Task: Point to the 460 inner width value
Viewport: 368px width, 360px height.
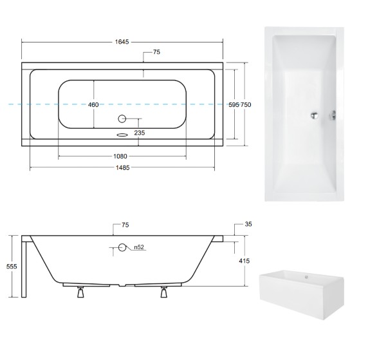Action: click(94, 105)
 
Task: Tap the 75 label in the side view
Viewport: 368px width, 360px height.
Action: click(125, 225)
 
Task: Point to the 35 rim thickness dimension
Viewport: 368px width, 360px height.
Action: click(248, 225)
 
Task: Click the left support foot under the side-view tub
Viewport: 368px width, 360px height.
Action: click(80, 293)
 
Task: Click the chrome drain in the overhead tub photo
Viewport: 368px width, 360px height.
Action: click(313, 115)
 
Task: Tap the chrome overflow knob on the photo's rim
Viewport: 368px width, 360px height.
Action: click(333, 115)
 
